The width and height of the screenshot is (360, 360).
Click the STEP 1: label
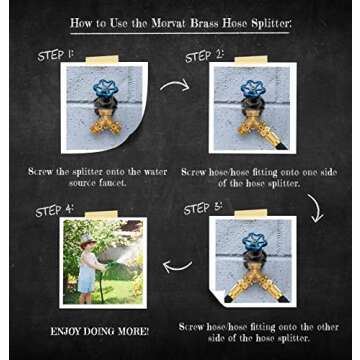(56, 55)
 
